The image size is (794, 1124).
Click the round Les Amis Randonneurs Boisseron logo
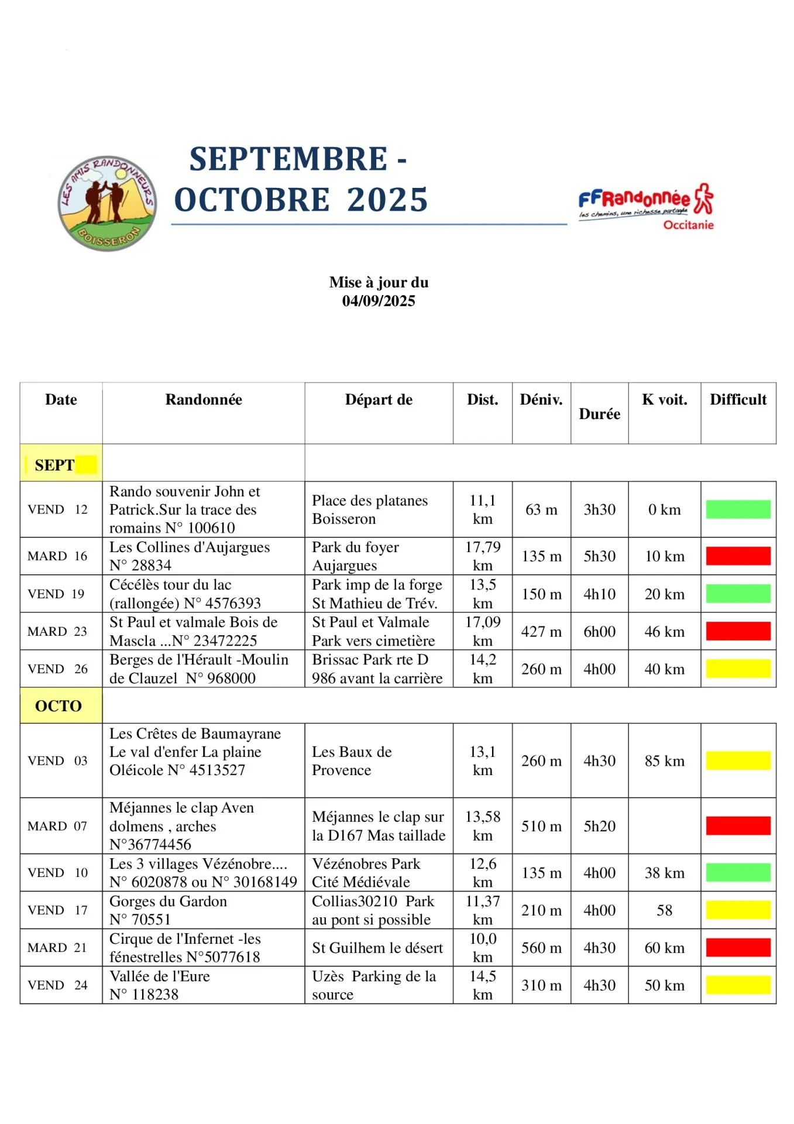108,203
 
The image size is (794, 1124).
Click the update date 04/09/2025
379,301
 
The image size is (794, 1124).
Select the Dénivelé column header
541,400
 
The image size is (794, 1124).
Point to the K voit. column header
664,400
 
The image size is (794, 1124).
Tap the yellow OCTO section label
59,705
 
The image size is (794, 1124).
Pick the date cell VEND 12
57,509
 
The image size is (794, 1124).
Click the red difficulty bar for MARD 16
738,556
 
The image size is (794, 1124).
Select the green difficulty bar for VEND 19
738,594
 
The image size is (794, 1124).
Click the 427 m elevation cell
541,632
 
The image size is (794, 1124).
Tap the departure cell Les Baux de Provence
352,760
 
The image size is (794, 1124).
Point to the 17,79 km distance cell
483,556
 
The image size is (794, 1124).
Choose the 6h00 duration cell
599,632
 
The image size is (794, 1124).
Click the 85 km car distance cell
664,760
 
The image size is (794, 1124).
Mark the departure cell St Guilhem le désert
377,948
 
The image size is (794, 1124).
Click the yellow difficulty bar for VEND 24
738,985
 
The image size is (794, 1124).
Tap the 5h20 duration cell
599,826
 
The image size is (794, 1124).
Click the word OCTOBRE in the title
252,200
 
